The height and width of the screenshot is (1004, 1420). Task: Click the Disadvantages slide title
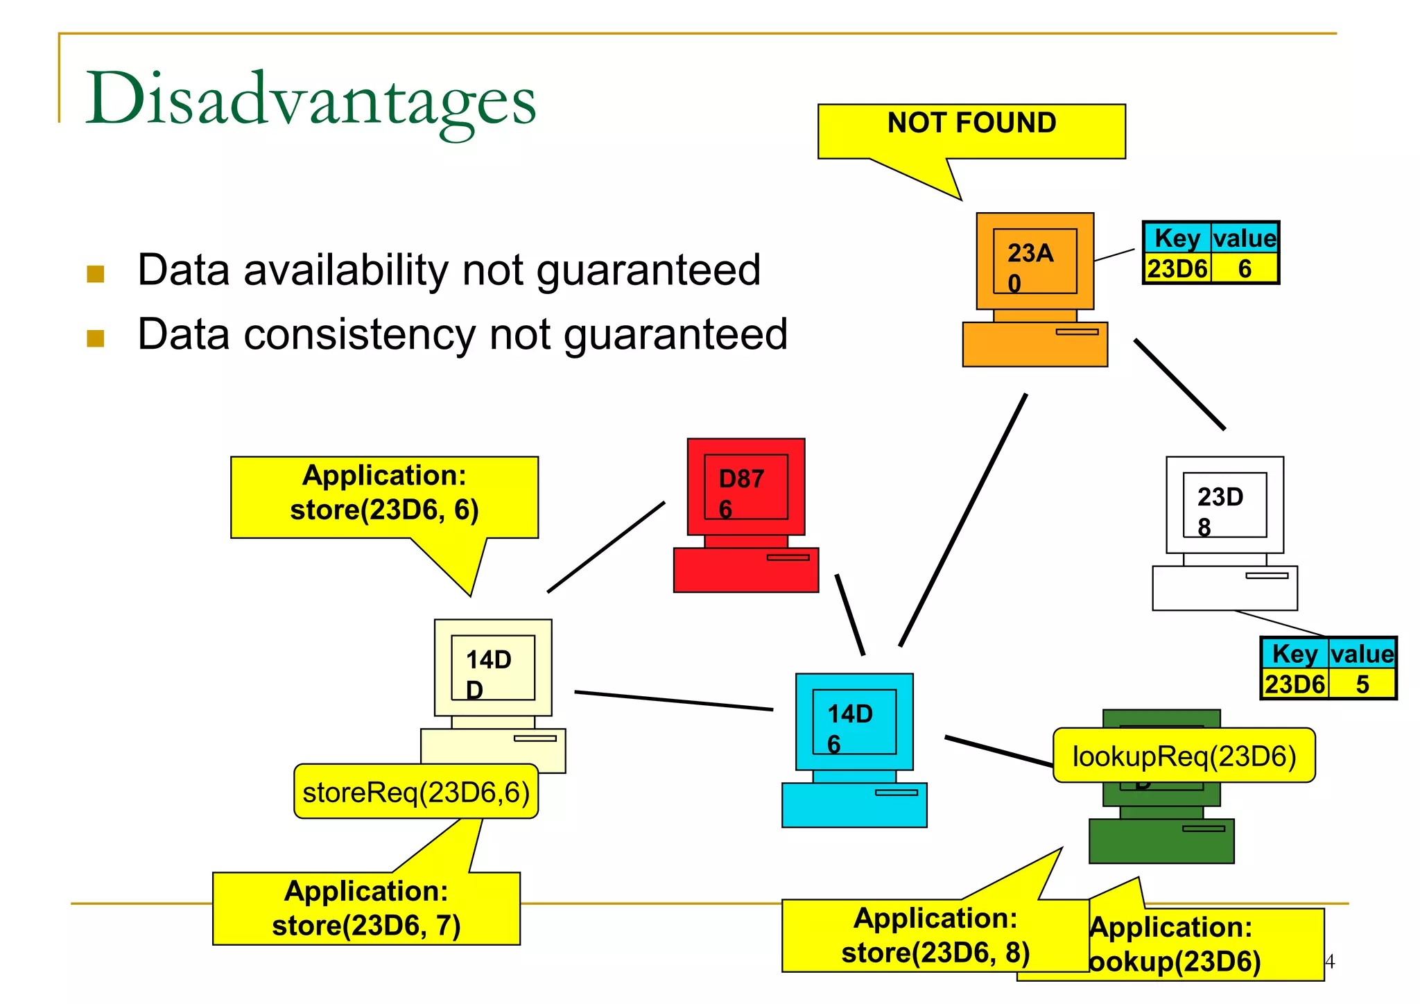pos(311,98)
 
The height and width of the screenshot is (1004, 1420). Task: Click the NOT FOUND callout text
pos(971,123)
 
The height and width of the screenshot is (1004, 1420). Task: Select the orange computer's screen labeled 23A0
pos(1034,261)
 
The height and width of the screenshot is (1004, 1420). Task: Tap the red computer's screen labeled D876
pos(745,487)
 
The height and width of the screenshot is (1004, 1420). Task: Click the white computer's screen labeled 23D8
pos(1224,505)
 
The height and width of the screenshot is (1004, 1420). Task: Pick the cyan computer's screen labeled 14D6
pos(854,722)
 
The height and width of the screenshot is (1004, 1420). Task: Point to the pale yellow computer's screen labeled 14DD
pos(493,667)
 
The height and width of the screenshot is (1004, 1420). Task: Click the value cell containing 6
pos(1245,269)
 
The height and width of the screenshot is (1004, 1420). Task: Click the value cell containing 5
pos(1362,684)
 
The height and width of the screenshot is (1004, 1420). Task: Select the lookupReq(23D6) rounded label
pos(1184,756)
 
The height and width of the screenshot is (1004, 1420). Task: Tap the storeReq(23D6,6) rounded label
pos(416,792)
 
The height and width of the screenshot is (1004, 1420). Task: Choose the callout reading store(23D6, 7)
pos(366,909)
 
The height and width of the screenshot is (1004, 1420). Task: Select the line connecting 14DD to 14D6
pos(673,700)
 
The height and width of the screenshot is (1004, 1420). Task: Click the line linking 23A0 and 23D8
pos(1179,385)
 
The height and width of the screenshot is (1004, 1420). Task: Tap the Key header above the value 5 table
pos(1295,654)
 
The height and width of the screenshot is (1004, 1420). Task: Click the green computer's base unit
pos(1161,841)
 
